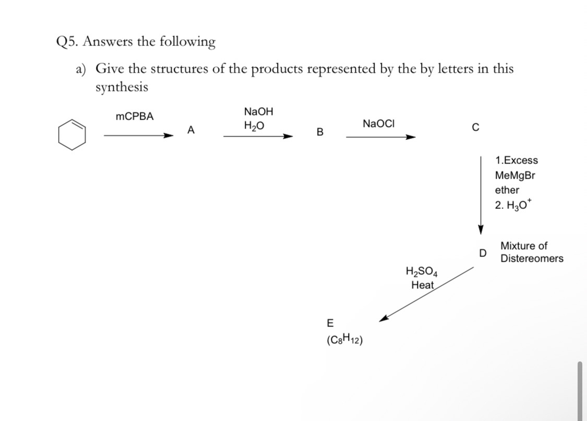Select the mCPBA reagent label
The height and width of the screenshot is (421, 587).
click(135, 116)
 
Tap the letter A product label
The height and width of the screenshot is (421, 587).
click(191, 130)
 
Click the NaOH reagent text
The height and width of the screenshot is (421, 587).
click(258, 111)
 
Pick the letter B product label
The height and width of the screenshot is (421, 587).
click(320, 132)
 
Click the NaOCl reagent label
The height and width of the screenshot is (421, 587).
click(379, 124)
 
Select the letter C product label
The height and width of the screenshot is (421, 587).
click(475, 127)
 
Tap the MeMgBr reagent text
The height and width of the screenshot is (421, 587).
click(515, 175)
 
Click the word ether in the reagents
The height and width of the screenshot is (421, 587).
click(507, 190)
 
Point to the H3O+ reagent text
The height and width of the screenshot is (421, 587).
click(513, 205)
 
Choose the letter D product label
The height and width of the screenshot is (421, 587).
click(483, 253)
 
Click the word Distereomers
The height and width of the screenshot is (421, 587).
click(532, 259)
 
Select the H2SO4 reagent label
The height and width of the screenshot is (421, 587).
click(422, 271)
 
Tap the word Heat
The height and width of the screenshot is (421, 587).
click(422, 285)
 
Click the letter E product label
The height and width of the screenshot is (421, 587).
click(330, 323)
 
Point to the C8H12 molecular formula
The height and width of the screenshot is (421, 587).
click(344, 340)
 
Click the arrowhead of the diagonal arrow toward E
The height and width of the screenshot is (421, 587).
click(384, 319)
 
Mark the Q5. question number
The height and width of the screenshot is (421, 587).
click(67, 41)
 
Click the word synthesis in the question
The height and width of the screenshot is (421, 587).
click(122, 87)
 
